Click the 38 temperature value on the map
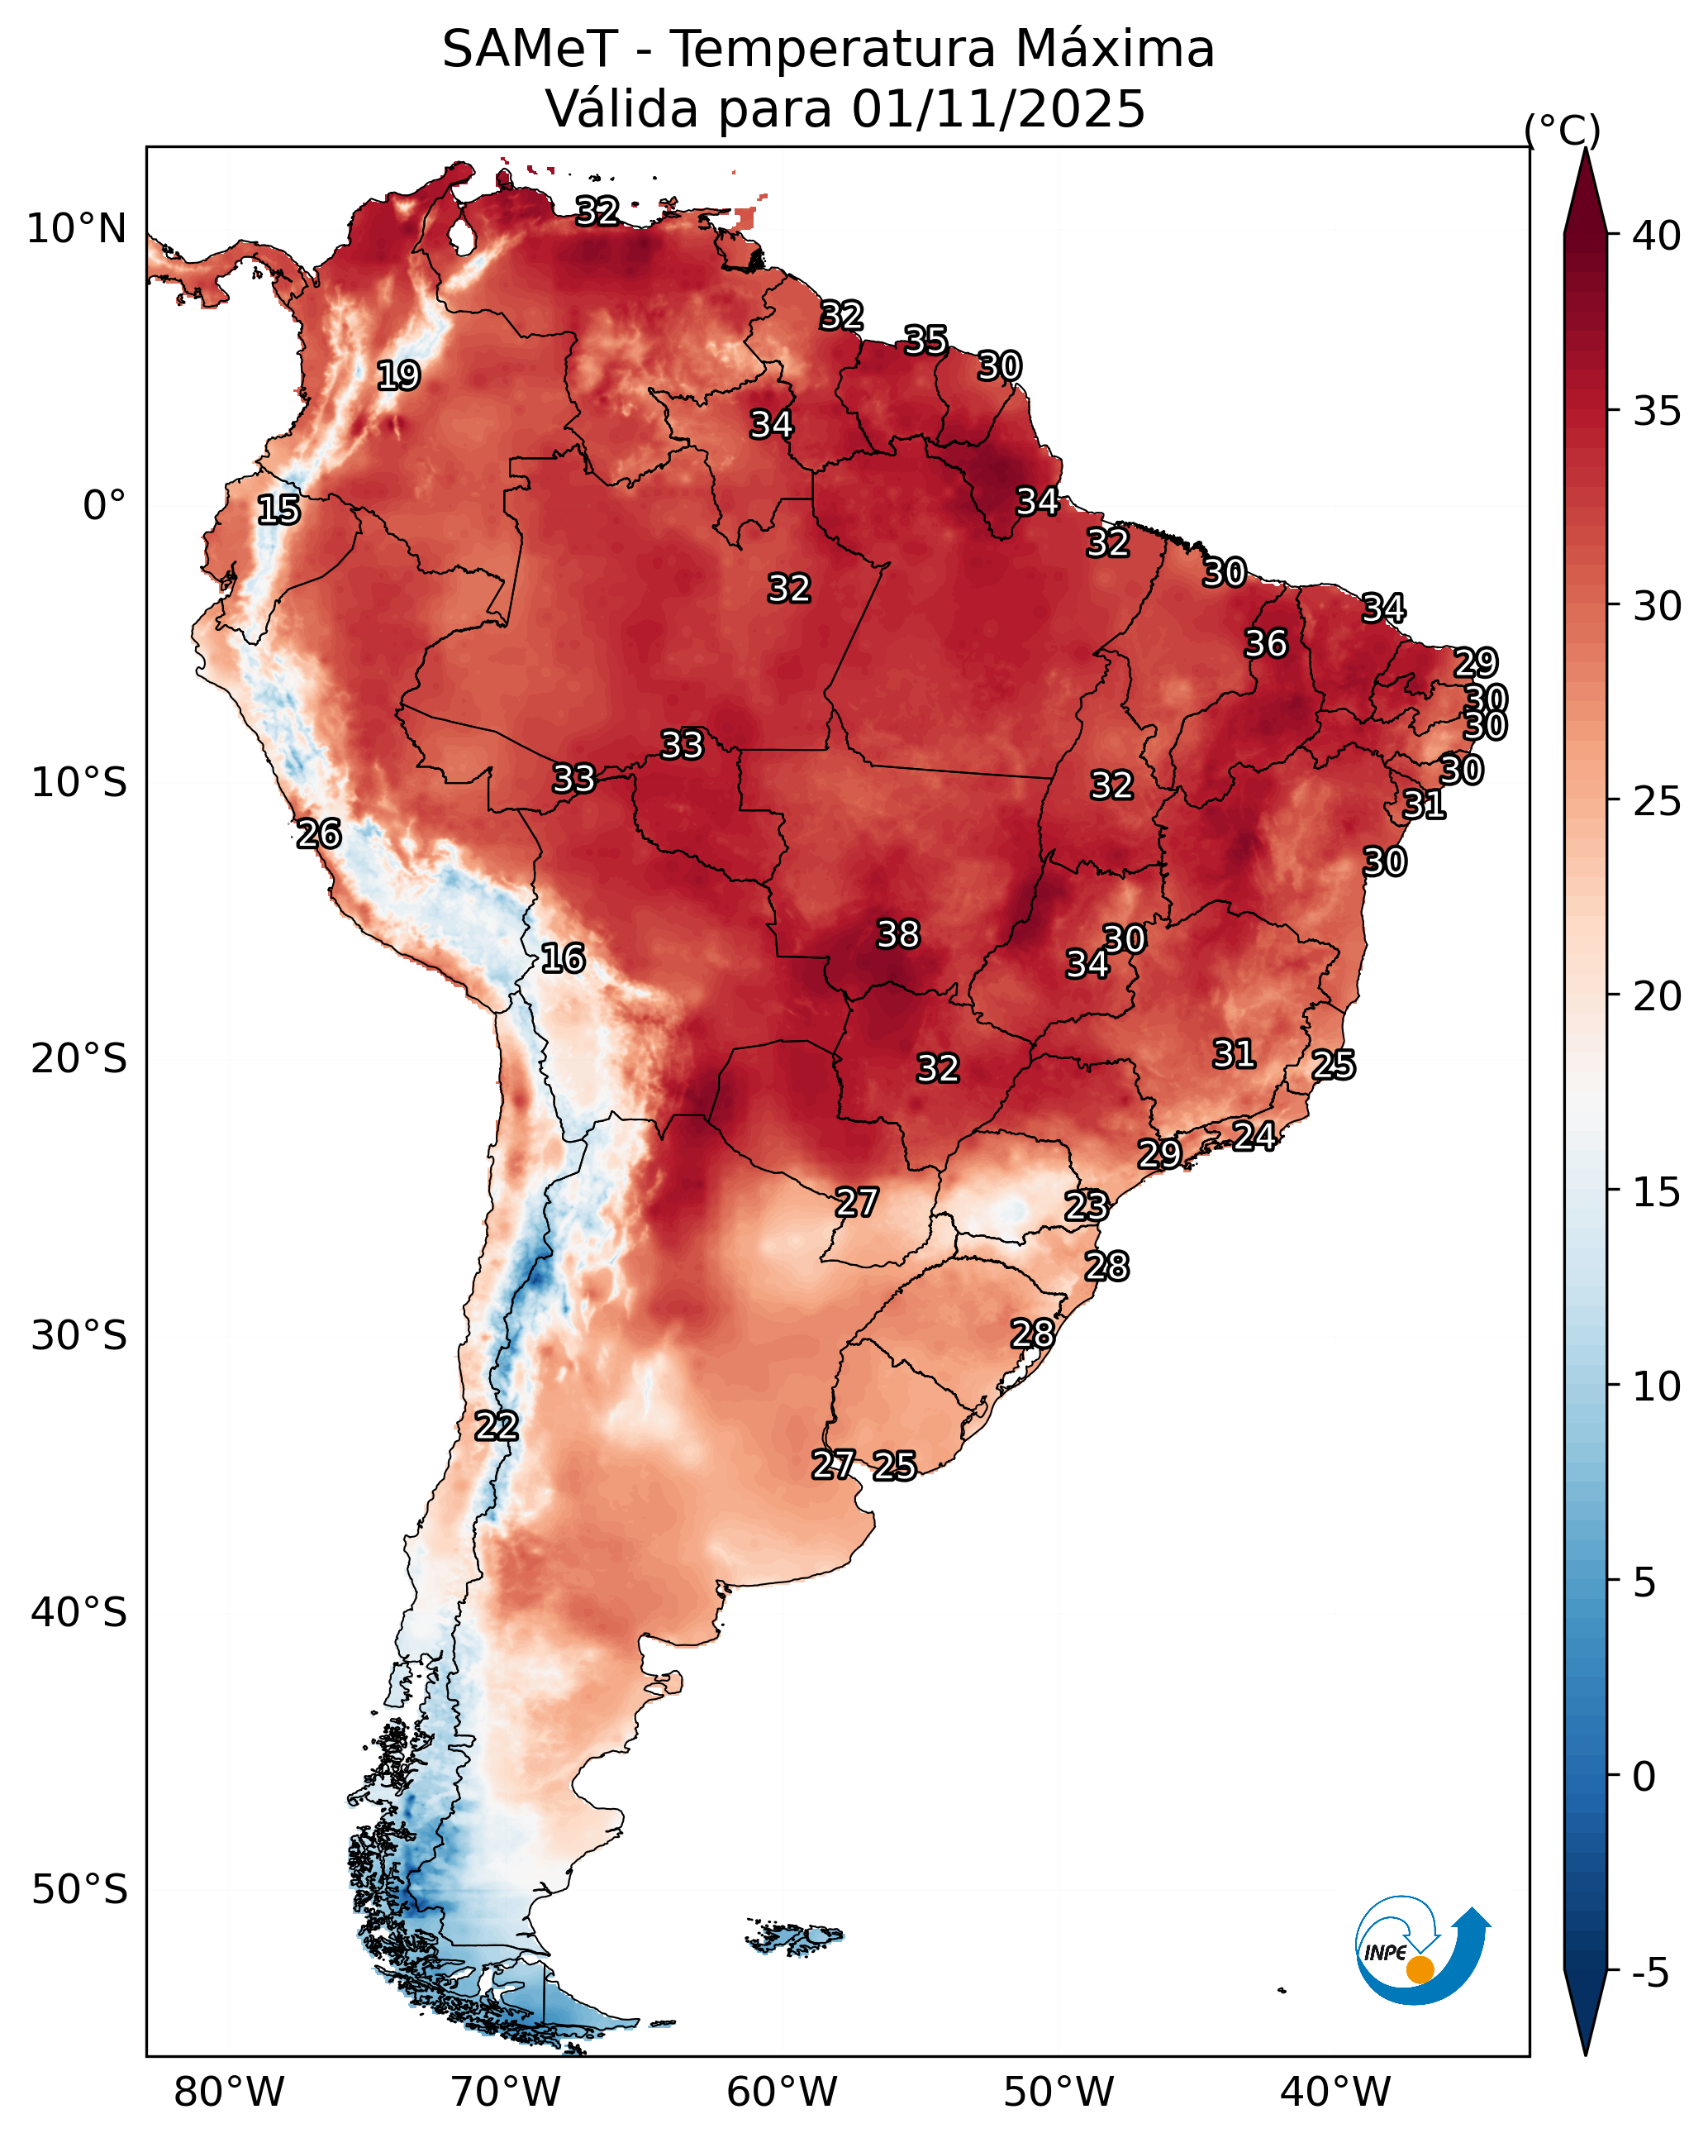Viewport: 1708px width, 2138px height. point(898,934)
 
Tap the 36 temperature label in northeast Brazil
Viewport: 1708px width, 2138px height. point(1266,643)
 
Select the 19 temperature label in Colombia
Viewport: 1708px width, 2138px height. point(398,376)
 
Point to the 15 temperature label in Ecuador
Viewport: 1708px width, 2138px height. point(278,510)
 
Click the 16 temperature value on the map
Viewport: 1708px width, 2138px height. point(563,958)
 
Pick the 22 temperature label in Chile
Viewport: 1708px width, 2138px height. point(497,1426)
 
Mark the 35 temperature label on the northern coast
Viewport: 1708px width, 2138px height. point(925,340)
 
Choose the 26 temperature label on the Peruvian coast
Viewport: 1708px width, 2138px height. point(319,834)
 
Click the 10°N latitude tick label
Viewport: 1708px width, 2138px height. point(76,229)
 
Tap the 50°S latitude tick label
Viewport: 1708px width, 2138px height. point(79,1890)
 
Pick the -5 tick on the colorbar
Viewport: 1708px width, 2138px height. point(1650,1973)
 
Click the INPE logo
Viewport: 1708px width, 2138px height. point(1423,1949)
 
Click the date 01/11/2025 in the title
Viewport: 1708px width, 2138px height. point(998,109)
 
